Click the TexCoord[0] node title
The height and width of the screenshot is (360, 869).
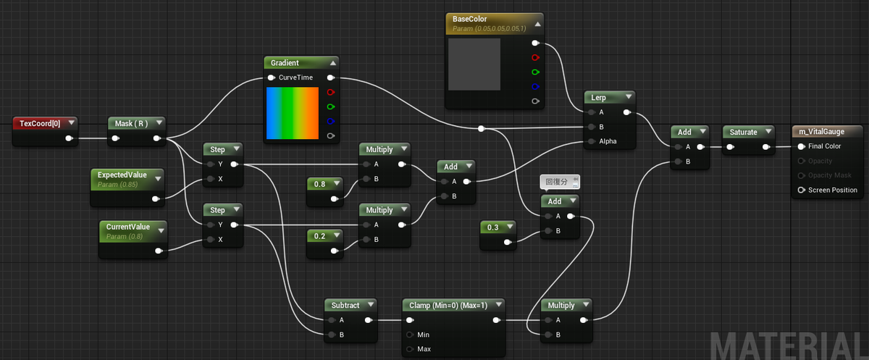click(x=40, y=123)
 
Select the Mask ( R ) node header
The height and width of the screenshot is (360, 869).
click(x=137, y=123)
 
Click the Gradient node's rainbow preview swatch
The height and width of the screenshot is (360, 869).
click(x=293, y=113)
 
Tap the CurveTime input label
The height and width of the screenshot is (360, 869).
click(x=295, y=78)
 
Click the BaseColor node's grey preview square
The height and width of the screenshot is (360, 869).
click(x=474, y=64)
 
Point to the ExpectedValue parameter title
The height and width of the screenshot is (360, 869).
click(x=122, y=175)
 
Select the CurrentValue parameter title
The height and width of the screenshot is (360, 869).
click(x=128, y=227)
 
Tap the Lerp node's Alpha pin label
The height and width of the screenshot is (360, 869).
click(x=608, y=141)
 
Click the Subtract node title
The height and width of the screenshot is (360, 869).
click(x=345, y=305)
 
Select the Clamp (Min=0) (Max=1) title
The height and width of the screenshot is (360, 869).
click(x=448, y=305)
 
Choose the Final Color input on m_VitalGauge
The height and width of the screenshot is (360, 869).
click(x=824, y=146)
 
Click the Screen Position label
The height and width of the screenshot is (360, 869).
click(x=833, y=190)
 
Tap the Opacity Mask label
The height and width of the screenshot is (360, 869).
click(x=830, y=175)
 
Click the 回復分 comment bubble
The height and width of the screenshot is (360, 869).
click(x=560, y=182)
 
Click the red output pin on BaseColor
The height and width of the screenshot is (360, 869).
click(x=535, y=57)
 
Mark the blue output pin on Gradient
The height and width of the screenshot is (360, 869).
click(x=330, y=121)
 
